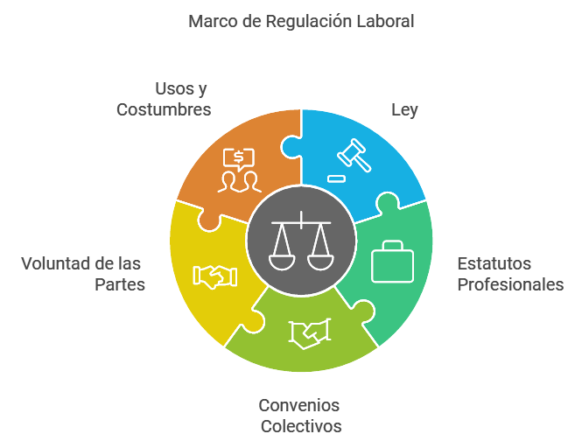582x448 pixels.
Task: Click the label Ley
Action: point(404,110)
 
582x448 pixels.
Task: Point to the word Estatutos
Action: point(494,263)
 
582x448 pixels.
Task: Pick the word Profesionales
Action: point(511,285)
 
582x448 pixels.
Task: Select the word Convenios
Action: point(299,405)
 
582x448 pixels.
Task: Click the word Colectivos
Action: point(301,427)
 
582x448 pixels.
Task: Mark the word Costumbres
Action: point(164,110)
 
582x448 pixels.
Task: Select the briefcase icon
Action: point(392,262)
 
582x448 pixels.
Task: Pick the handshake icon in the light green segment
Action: point(311,333)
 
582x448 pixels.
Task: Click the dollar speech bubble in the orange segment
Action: point(239,158)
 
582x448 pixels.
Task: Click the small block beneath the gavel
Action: point(337,178)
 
